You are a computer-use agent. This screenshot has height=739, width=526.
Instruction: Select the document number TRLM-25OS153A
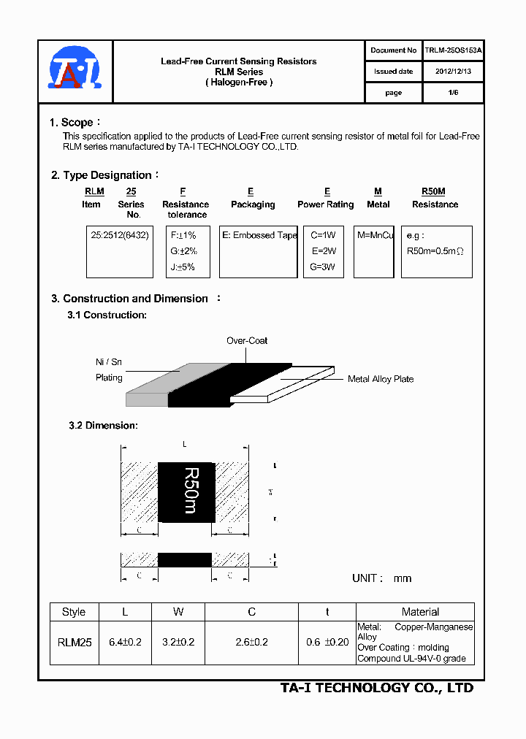tap(453, 50)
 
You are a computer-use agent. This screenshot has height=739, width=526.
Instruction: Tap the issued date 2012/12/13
tap(453, 72)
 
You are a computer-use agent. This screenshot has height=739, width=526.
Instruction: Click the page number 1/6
tap(453, 93)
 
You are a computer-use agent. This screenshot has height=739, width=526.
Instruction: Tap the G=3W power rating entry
tap(322, 267)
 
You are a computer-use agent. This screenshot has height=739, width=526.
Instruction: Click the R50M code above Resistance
tap(433, 191)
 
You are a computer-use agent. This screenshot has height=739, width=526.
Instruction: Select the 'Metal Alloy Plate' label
tap(380, 379)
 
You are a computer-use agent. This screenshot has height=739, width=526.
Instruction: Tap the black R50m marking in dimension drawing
tap(187, 491)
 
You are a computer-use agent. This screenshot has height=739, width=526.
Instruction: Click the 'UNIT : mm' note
tap(381, 578)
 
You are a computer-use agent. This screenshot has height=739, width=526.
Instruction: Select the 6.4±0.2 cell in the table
tap(125, 643)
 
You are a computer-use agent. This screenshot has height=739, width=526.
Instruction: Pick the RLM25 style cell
tap(74, 643)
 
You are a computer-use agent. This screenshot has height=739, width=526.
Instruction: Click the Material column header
tap(420, 612)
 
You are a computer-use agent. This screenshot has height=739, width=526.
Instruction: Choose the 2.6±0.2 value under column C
tap(251, 643)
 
